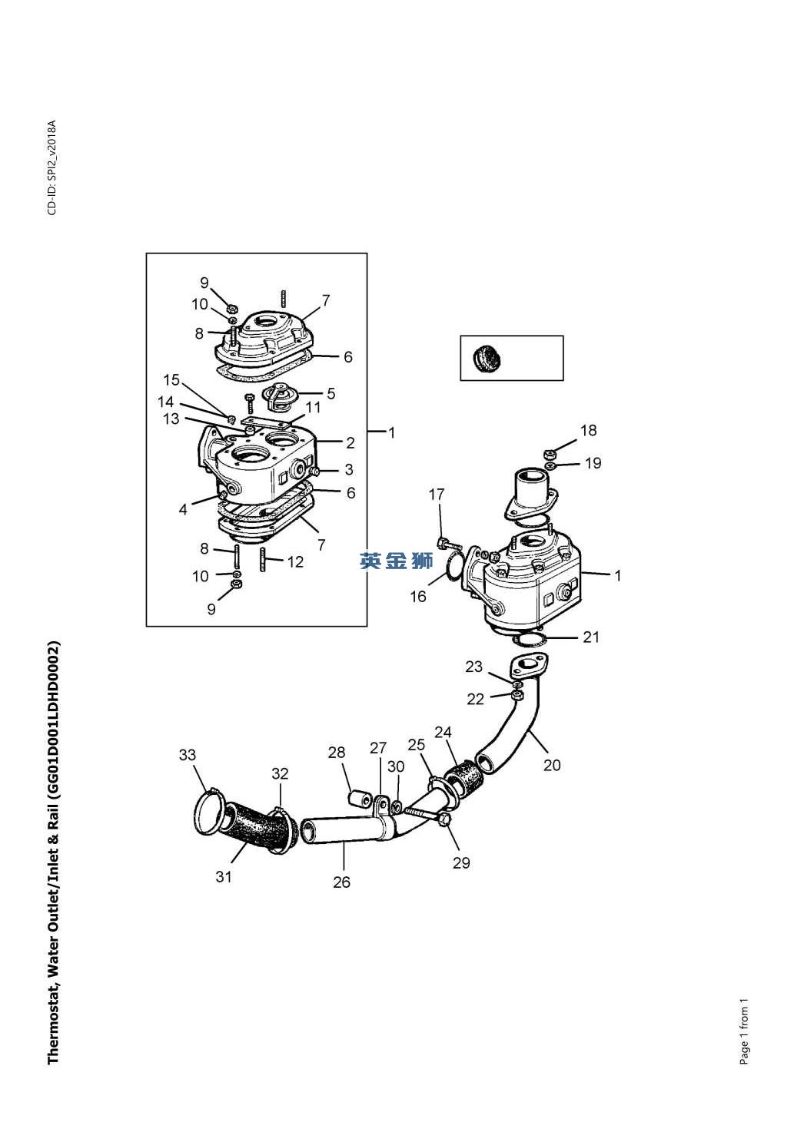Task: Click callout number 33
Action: tap(188, 755)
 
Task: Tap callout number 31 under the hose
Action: tap(224, 876)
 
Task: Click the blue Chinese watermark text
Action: tap(396, 561)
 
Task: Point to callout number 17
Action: tap(436, 494)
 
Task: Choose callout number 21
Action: tap(591, 637)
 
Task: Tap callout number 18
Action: tap(589, 430)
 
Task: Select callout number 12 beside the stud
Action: tap(295, 562)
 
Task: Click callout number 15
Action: tap(171, 379)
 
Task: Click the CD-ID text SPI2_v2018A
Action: tap(52, 167)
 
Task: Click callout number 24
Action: tap(443, 733)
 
